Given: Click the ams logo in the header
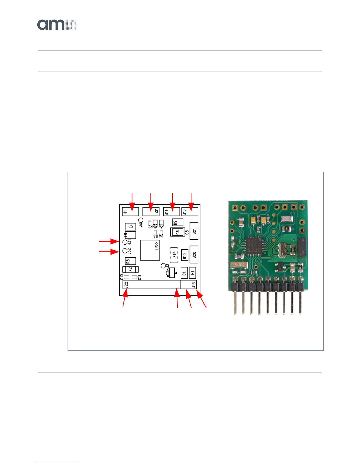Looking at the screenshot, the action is pyautogui.click(x=57, y=25).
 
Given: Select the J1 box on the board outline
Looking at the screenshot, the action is pyautogui.click(x=130, y=211).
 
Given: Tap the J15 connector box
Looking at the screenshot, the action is pyautogui.click(x=190, y=211).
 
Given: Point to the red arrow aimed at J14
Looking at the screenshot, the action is pyautogui.click(x=172, y=202).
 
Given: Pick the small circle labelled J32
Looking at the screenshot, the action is pyautogui.click(x=125, y=251).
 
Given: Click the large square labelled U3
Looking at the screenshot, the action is pyautogui.click(x=150, y=250).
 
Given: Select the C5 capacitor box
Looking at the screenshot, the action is pyautogui.click(x=130, y=226).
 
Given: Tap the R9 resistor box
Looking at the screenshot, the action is pyautogui.click(x=178, y=222).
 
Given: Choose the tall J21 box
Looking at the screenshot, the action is pyautogui.click(x=194, y=231).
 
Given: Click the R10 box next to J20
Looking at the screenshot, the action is pyautogui.click(x=184, y=256).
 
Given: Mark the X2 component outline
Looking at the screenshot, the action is pyautogui.click(x=130, y=269).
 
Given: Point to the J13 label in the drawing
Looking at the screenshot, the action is pyautogui.click(x=194, y=285).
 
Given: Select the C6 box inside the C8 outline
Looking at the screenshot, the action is pyautogui.click(x=177, y=232).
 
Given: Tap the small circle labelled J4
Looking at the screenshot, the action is pyautogui.click(x=141, y=220).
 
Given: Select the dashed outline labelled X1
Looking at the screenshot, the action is pyautogui.click(x=174, y=255).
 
